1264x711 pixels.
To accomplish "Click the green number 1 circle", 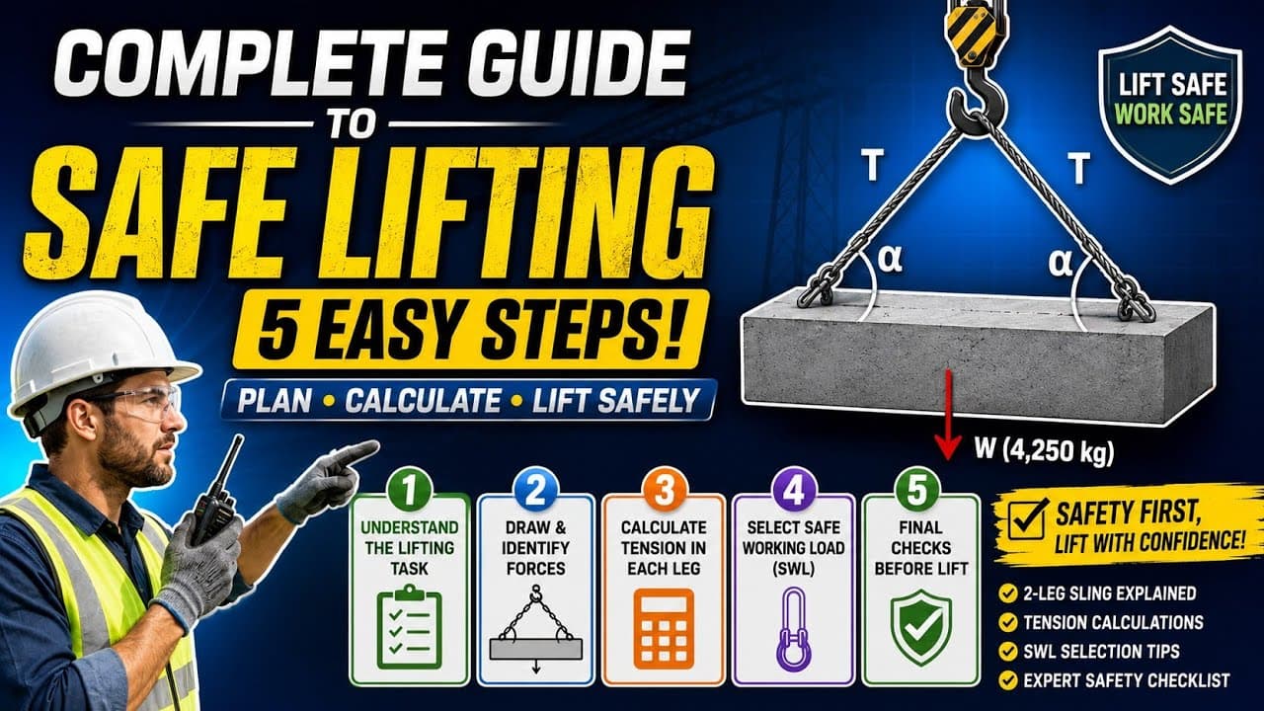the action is tap(410, 490).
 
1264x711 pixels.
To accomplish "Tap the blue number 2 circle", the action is tap(535, 490).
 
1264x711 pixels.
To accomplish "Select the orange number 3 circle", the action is tap(665, 490).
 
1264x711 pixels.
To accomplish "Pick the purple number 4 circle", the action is tap(794, 490).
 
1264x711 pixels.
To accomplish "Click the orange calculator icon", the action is tap(664, 628).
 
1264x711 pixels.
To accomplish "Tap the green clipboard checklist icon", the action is tap(409, 627).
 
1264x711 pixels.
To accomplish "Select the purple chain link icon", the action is tap(793, 629).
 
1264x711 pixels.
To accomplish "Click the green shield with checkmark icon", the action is tap(921, 627).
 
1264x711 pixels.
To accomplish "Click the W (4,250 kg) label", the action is tap(1044, 451).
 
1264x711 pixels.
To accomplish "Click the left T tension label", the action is tap(872, 165).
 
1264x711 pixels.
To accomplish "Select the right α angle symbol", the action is tap(1060, 263).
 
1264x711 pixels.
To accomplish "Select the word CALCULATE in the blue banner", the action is tap(423, 401).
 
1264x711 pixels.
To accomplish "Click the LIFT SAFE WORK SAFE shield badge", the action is tap(1171, 105).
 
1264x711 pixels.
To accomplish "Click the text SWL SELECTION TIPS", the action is tap(1101, 651).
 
